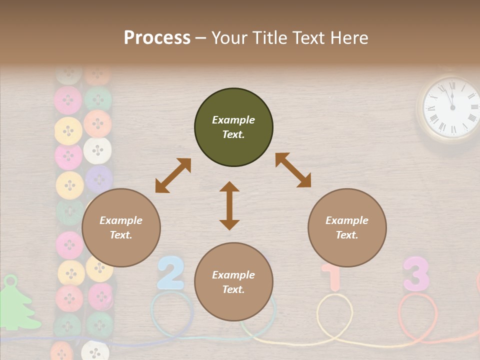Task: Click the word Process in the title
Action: point(157,38)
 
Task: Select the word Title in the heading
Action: point(268,38)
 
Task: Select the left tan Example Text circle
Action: point(121,227)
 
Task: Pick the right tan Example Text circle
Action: point(347,227)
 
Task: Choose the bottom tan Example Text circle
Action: point(233,282)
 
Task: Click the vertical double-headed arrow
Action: point(229,205)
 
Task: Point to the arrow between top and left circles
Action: point(173,175)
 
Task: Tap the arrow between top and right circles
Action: point(293,170)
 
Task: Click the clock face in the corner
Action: point(451,108)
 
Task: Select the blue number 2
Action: point(171,273)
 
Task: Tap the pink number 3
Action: point(416,274)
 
